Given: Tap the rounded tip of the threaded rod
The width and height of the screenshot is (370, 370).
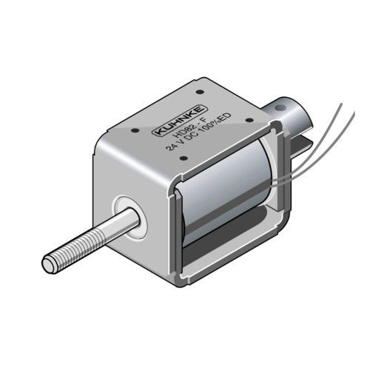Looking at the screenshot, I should pos(47,263).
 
